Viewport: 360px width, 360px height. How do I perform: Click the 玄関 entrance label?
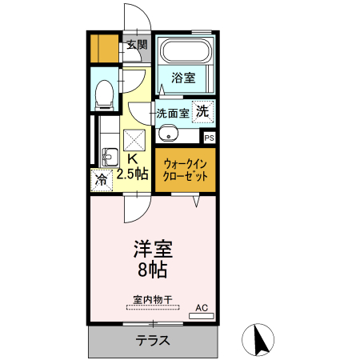(136, 45)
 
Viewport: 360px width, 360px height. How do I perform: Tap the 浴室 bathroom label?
(184, 78)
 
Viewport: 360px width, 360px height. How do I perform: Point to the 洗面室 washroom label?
(173, 113)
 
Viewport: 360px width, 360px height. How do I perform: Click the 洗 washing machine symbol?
(204, 111)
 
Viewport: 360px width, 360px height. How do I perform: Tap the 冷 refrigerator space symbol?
(102, 181)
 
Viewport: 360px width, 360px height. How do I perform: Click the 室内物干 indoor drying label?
(151, 301)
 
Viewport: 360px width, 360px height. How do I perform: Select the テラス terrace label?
(151, 340)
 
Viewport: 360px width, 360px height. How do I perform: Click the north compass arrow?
(258, 340)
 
